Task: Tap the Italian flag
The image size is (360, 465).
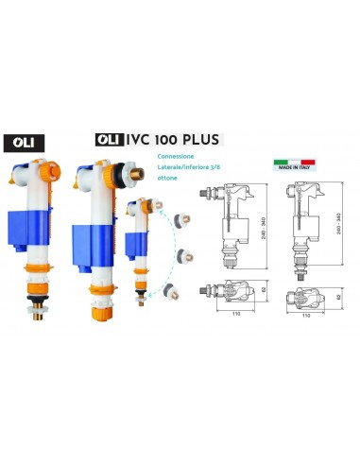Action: click(283, 164)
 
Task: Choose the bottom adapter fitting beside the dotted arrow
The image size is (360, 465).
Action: click(170, 292)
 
